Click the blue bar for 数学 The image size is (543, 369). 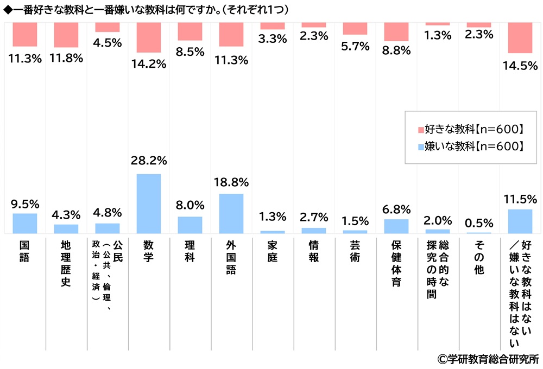pyautogui.click(x=149, y=203)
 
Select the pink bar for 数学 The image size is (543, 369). pyautogui.click(x=149, y=37)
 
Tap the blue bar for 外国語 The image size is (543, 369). pyautogui.click(x=231, y=213)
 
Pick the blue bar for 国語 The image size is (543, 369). pyautogui.click(x=25, y=223)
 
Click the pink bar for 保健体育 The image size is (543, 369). pyautogui.click(x=396, y=32)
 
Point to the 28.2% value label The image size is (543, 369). pyautogui.click(x=149, y=161)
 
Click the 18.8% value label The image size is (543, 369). pyautogui.click(x=231, y=181)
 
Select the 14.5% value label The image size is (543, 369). pyautogui.click(x=520, y=65)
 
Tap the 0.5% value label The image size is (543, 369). pyautogui.click(x=479, y=222)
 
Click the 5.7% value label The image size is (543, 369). pyautogui.click(x=355, y=47)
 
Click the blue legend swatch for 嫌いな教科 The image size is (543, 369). pyautogui.click(x=420, y=146)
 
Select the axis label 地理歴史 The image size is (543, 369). pyautogui.click(x=66, y=266)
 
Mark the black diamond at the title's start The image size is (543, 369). pyautogui.click(x=6, y=10)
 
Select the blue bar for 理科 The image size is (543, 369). pyautogui.click(x=190, y=225)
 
